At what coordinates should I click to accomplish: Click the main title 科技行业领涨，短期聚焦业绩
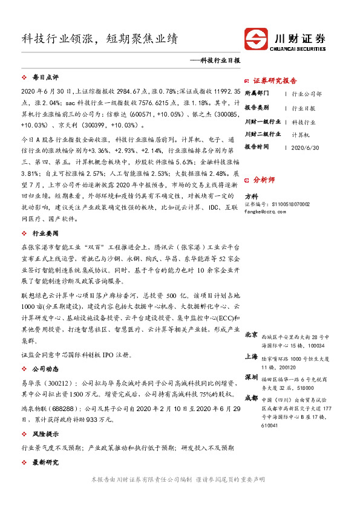100,39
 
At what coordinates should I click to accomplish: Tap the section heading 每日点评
45,78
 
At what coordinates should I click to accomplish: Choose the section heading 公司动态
45,368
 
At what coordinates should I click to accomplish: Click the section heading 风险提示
45,433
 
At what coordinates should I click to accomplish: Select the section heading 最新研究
45,462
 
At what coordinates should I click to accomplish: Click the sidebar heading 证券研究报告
275,80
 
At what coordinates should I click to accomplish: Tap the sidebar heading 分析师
264,180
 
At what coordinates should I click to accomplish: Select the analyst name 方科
250,197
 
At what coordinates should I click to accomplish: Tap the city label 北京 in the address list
251,334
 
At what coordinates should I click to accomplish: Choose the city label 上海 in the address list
251,357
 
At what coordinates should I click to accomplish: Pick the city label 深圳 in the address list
251,377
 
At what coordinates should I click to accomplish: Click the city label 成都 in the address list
251,398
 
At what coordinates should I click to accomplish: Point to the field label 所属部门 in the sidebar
258,94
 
